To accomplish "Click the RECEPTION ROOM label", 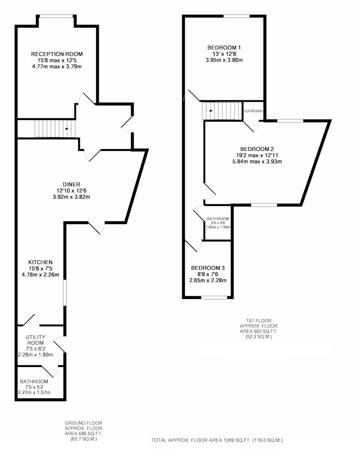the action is [x=57, y=54].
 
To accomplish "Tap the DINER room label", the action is [x=71, y=184].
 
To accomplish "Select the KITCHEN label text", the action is [x=40, y=262].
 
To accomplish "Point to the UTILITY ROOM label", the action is [x=35, y=340].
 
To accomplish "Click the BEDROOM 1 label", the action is [x=224, y=47].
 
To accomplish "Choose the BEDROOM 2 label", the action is [x=257, y=149].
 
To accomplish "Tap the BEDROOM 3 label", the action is [x=208, y=268].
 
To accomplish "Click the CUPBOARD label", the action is [x=254, y=111].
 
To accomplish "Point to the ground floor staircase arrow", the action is [x=69, y=128].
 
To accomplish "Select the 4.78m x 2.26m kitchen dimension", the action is [x=40, y=275].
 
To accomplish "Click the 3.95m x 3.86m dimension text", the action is [x=224, y=60].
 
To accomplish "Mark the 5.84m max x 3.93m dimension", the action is [x=257, y=161].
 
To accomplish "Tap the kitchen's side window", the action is [x=65, y=293].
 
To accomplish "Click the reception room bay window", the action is [x=56, y=16].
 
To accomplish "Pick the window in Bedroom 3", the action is [x=214, y=298].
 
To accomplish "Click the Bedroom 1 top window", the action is [x=237, y=16].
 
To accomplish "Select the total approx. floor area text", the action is [x=217, y=440].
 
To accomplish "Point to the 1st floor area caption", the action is [x=258, y=328].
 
